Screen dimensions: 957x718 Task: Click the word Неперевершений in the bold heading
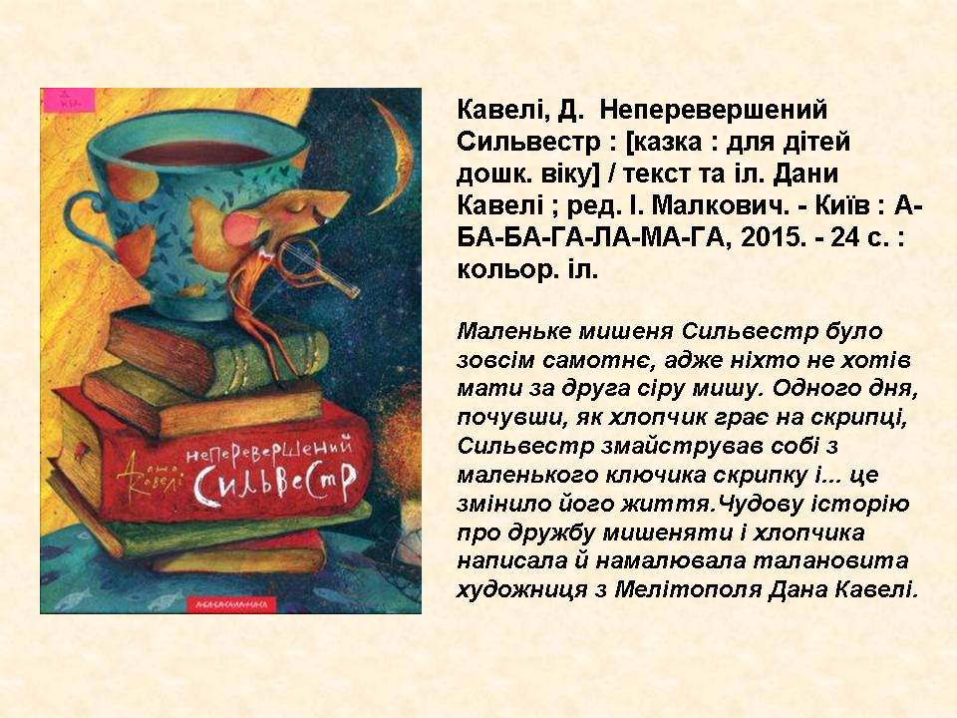click(713, 110)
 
